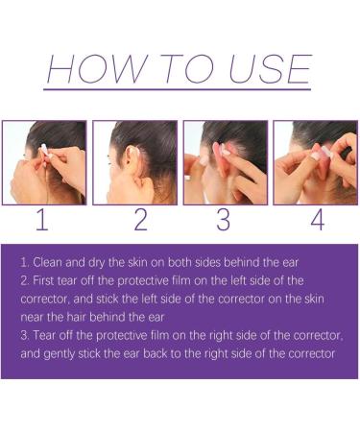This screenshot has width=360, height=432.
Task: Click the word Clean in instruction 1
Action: coord(48,261)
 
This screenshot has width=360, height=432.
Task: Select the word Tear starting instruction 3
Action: coord(46,336)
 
